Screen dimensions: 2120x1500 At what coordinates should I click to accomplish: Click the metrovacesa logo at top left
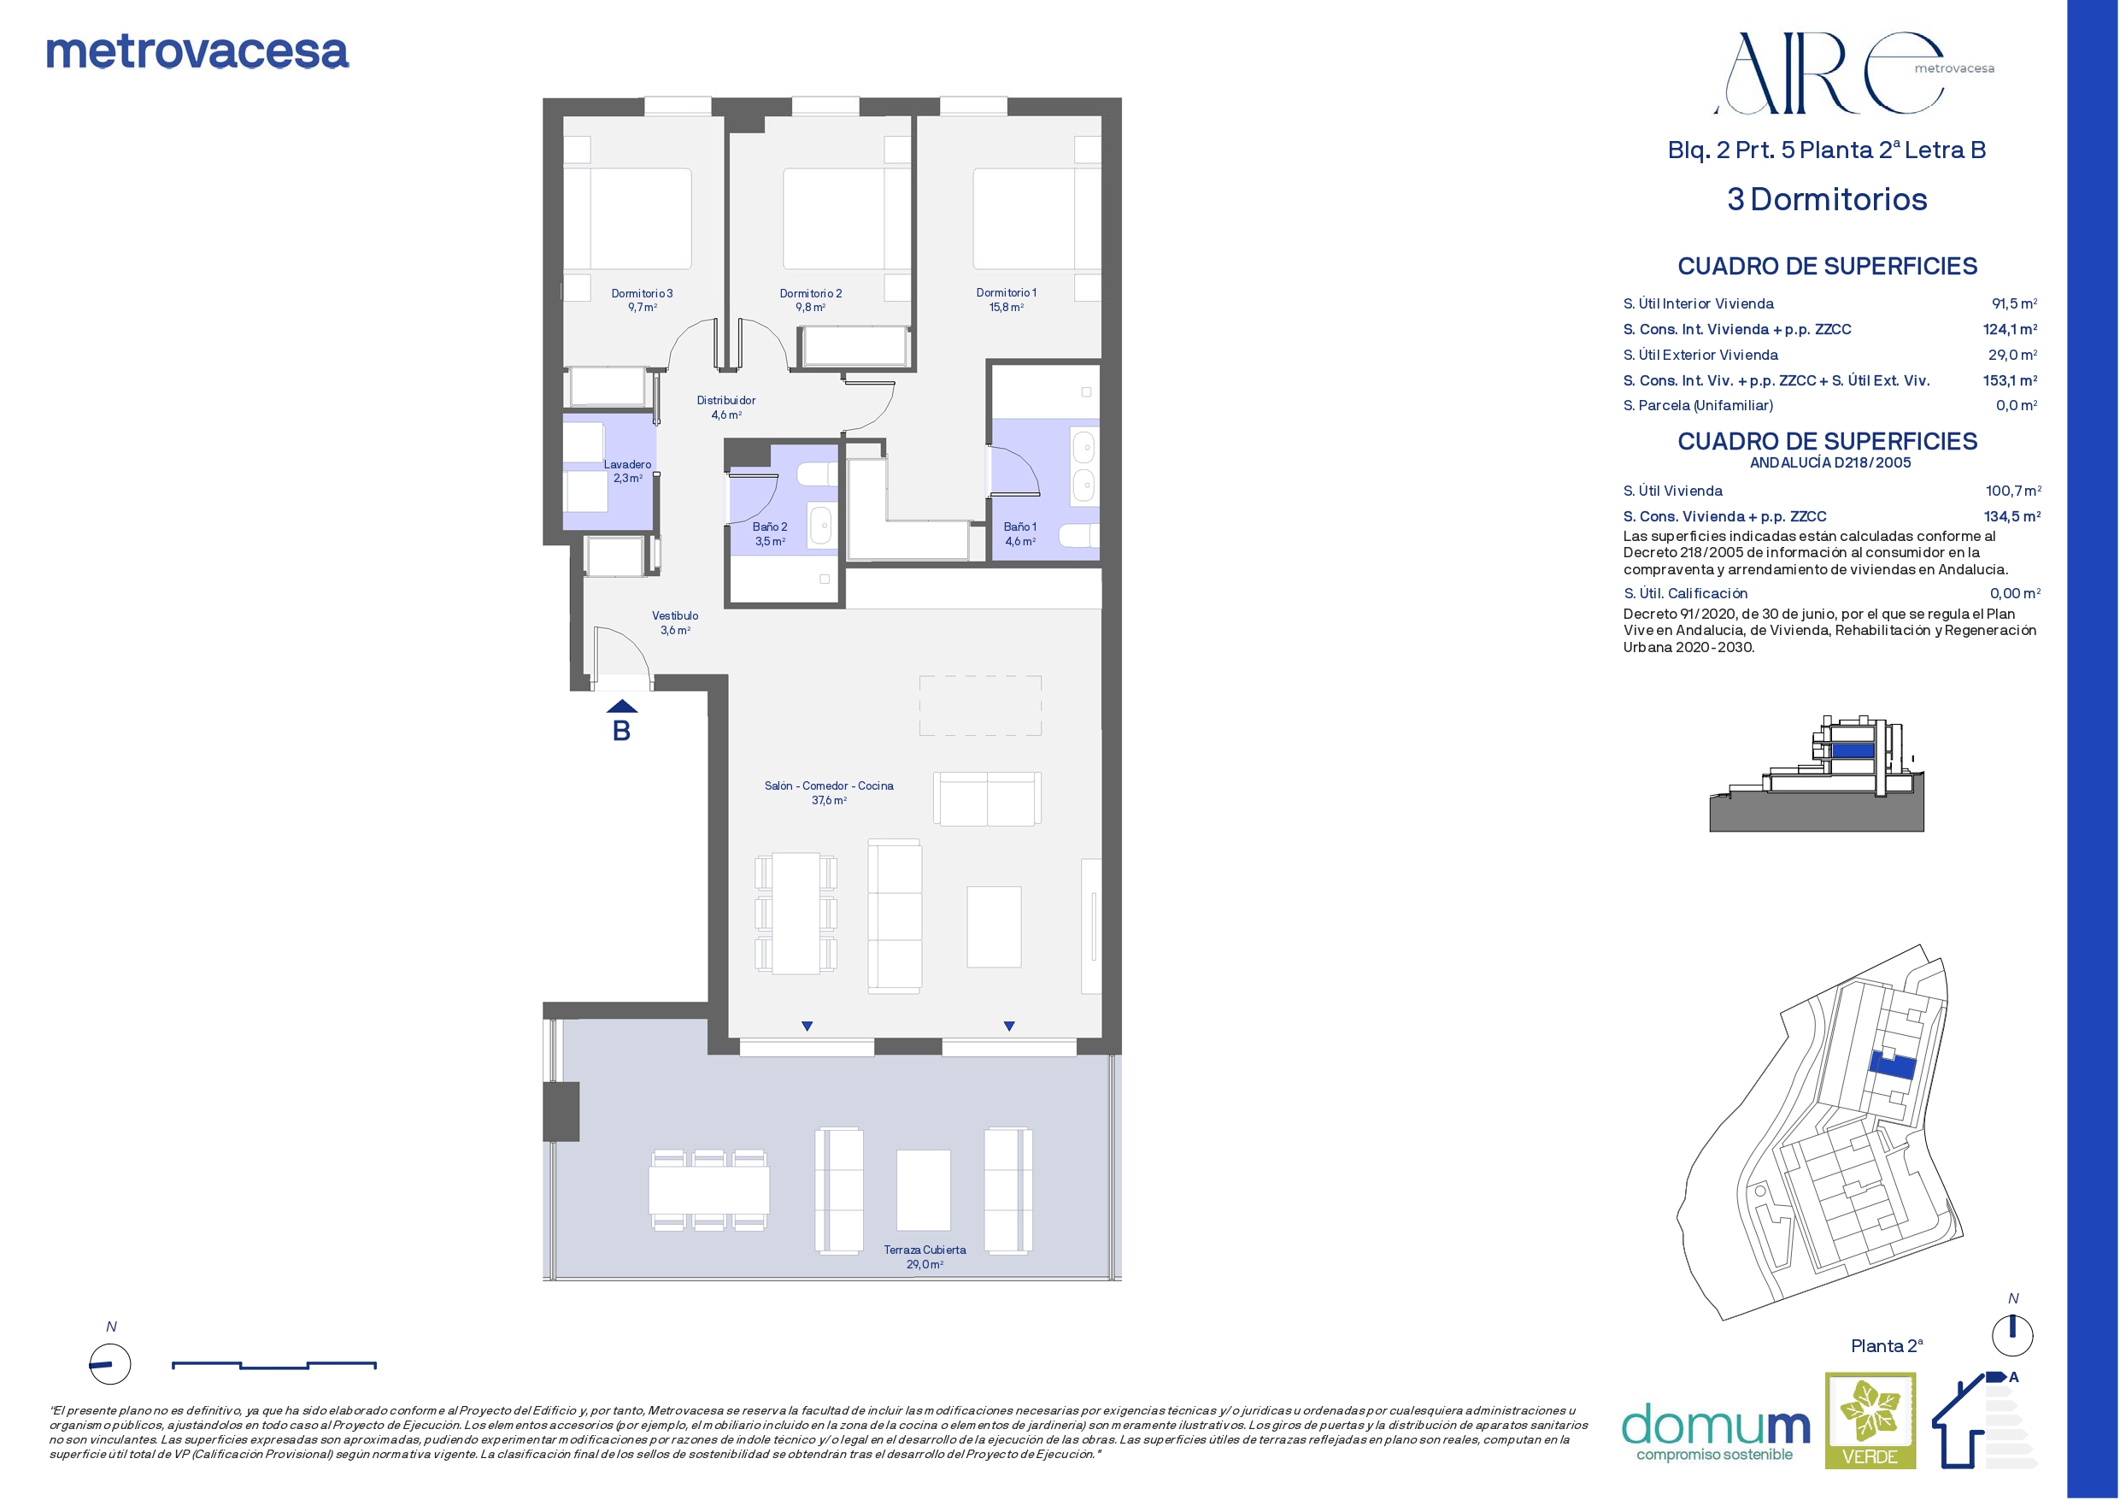[x=197, y=53]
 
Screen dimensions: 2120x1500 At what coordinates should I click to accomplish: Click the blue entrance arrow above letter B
[x=621, y=708]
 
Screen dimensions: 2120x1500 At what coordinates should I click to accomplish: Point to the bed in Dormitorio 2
[x=834, y=218]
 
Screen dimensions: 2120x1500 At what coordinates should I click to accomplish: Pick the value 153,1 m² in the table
[x=2010, y=380]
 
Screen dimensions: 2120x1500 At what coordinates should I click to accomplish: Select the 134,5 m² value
[x=2012, y=516]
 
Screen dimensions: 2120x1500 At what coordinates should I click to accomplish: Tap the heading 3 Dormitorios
[x=1827, y=199]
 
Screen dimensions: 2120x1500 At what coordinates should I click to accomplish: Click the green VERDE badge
[x=1870, y=1421]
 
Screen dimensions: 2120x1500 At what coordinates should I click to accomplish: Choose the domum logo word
[x=1716, y=1425]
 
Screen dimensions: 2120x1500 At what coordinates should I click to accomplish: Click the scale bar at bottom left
[x=274, y=1364]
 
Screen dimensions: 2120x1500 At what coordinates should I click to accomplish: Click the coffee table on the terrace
[x=924, y=1190]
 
